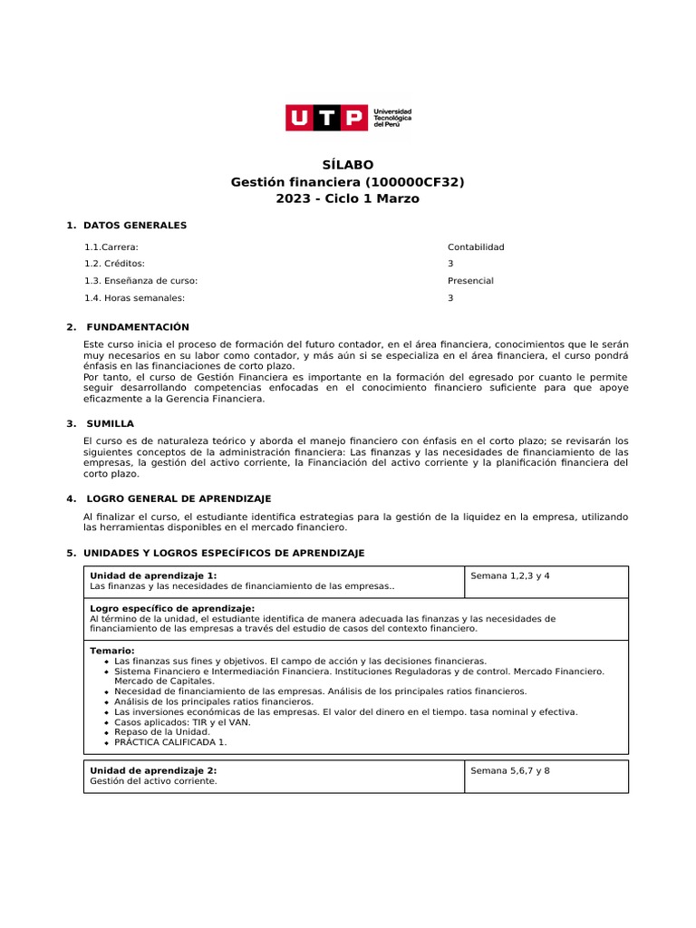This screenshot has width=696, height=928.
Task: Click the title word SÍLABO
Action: point(348,165)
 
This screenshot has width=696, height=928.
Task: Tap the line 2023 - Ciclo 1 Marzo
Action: point(348,198)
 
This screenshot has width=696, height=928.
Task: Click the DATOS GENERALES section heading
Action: point(134,225)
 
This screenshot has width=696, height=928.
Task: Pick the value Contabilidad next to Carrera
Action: point(476,246)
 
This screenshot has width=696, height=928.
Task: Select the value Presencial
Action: point(470,281)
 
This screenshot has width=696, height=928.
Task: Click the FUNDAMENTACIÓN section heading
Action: point(138,327)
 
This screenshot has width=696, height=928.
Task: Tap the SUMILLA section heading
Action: point(110,423)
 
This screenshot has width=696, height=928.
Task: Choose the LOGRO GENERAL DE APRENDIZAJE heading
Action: point(179,498)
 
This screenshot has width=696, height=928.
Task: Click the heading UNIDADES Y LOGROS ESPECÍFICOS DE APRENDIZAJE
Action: point(224,553)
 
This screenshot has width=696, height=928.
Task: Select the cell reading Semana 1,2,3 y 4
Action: point(510,575)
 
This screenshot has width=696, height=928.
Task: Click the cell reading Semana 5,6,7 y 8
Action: point(510,770)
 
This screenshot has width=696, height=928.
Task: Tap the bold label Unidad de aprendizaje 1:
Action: point(153,575)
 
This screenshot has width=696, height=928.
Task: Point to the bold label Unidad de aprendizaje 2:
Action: point(153,770)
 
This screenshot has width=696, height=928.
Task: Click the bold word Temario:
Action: point(112,651)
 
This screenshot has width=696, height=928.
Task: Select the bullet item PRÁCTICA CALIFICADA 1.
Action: point(170,741)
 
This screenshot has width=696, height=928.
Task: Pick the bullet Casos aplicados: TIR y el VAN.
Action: point(182,722)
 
